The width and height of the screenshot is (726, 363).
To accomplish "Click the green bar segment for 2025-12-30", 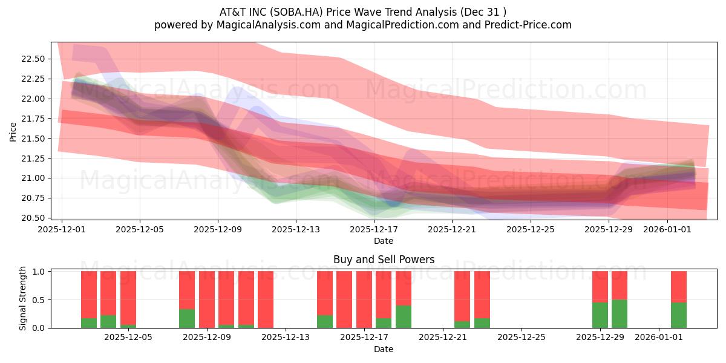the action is tap(620, 314).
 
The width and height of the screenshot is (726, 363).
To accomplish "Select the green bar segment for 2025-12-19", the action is tap(404, 316).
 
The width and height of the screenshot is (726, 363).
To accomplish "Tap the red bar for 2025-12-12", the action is tap(266, 299).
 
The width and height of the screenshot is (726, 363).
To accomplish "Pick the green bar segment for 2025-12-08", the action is tap(187, 319).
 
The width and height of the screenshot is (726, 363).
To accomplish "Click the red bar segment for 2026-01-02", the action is tap(679, 287).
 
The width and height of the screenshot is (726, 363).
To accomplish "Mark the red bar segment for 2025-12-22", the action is tap(462, 296).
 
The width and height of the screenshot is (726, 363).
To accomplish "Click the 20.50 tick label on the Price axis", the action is tap(33, 218).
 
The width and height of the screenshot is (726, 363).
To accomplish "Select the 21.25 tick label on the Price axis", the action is tap(33, 159).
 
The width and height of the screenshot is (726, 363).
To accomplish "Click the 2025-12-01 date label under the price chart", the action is tap(62, 229).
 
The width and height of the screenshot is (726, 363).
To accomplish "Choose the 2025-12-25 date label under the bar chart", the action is tap(522, 338).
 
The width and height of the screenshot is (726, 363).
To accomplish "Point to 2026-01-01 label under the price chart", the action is tap(667, 229).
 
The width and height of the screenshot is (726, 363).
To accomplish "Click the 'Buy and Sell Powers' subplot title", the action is tap(384, 260).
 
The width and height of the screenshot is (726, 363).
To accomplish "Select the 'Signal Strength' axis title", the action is tap(22, 298).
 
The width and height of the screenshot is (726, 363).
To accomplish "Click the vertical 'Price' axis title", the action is tap(13, 132).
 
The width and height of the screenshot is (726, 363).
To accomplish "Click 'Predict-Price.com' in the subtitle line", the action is tap(528, 25).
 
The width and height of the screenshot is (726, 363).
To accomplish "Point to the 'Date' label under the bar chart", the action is tap(384, 350).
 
